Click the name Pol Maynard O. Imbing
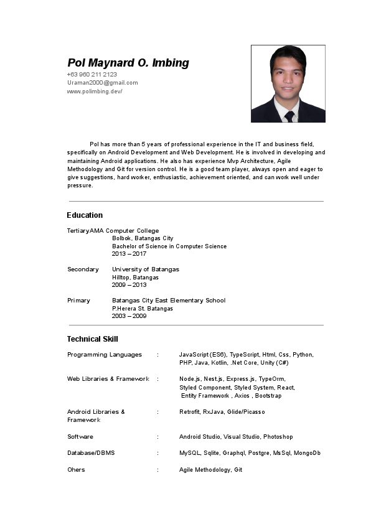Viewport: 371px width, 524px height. tap(128, 63)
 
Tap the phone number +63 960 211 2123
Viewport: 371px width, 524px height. tap(92, 75)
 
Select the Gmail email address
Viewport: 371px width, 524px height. tap(102, 83)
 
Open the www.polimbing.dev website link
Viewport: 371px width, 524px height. tap(95, 91)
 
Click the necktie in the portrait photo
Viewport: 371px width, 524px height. tap(289, 116)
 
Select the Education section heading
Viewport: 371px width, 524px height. tap(85, 215)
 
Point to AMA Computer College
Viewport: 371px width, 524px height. tap(124, 231)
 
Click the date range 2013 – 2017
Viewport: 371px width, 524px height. tap(129, 254)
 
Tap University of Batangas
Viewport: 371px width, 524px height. tap(145, 269)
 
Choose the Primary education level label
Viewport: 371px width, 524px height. tap(78, 301)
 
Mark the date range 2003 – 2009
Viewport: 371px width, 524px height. tap(129, 316)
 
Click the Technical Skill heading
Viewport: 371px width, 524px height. tap(92, 339)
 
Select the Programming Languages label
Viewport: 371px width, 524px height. tap(104, 355)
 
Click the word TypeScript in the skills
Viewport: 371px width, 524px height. tap(244, 355)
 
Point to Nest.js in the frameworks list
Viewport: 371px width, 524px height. tap(214, 379)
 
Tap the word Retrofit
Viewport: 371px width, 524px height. tap(189, 412)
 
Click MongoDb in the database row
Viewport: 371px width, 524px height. tap(307, 453)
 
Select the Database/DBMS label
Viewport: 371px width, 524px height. tap(90, 453)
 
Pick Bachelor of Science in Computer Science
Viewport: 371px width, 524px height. tap(169, 246)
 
